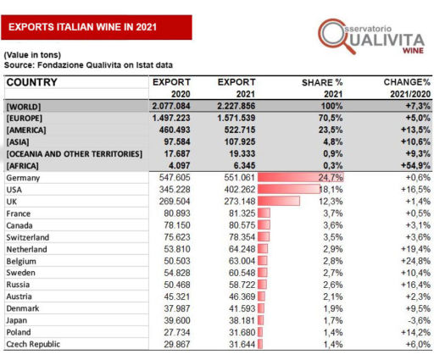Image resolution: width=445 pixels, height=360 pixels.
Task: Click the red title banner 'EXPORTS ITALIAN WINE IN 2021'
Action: pyautogui.click(x=96, y=27)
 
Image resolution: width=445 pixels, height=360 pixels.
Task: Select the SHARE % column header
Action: pyautogui.click(x=321, y=82)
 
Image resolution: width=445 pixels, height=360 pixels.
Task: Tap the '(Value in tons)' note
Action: pyautogui.click(x=35, y=54)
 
